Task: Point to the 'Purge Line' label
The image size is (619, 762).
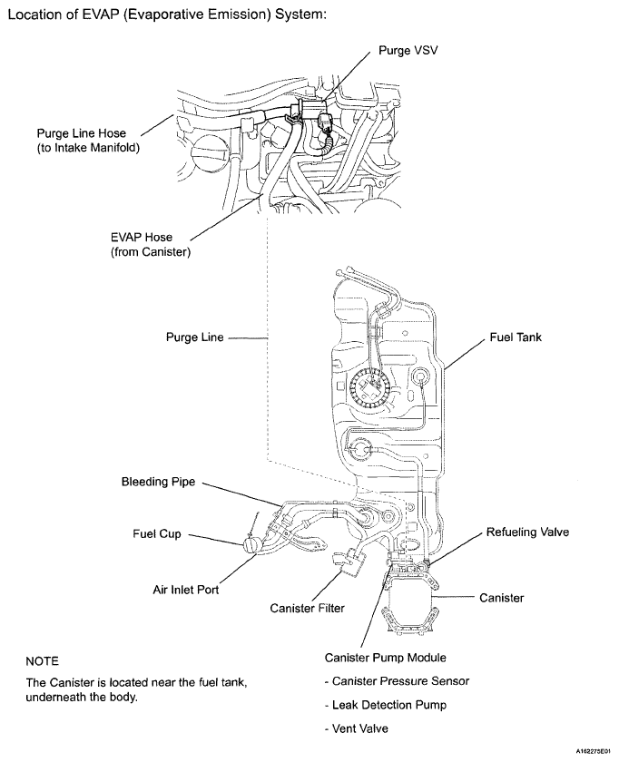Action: click(x=194, y=337)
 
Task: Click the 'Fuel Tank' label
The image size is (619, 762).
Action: click(x=516, y=337)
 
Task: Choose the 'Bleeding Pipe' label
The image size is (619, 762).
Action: click(x=159, y=482)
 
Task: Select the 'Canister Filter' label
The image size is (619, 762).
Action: click(x=308, y=608)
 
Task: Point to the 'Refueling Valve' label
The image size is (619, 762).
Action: click(x=527, y=532)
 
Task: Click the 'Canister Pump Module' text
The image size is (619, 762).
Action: click(x=385, y=658)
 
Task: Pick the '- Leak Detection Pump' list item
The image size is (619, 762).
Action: click(x=388, y=705)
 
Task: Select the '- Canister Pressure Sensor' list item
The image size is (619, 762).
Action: click(x=398, y=681)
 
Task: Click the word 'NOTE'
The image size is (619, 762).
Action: click(x=43, y=662)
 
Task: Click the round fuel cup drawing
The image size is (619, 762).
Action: click(x=252, y=548)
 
